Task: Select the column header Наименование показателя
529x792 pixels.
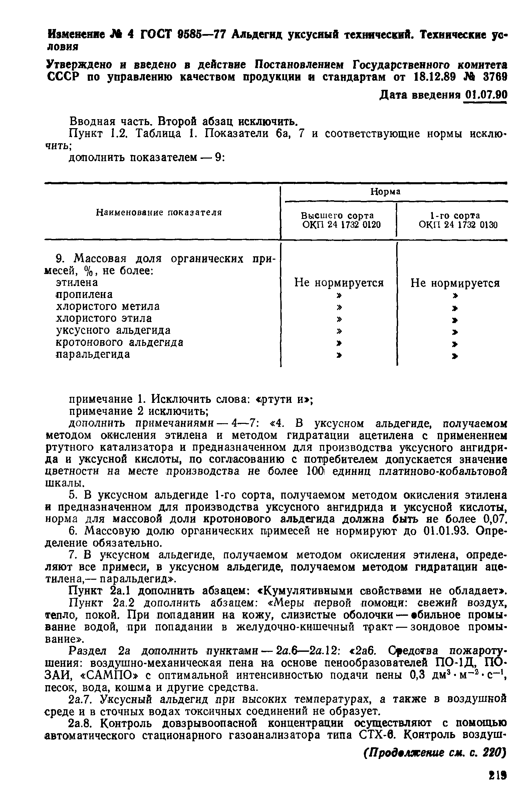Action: tap(159, 213)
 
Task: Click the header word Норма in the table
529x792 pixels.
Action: tap(385, 192)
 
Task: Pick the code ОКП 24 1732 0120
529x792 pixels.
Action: tap(341, 225)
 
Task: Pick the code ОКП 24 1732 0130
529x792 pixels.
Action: tap(458, 225)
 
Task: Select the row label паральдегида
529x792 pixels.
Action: tap(93, 354)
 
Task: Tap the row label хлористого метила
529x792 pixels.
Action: tap(107, 306)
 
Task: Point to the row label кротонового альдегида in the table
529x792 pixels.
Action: tap(119, 342)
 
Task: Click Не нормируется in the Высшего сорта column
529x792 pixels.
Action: tap(339, 283)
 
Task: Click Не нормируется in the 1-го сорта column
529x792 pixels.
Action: tap(455, 283)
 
